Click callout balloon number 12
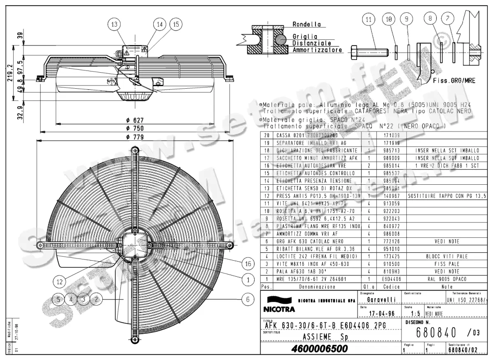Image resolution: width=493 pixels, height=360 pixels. (x=60, y=282)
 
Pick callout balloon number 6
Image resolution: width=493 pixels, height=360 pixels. (x=247, y=300)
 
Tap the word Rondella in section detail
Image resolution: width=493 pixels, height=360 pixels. (x=306, y=25)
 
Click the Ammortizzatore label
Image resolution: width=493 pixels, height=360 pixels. (x=317, y=50)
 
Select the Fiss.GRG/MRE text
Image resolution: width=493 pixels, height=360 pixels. (x=454, y=81)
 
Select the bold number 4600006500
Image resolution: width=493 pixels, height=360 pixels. (x=318, y=349)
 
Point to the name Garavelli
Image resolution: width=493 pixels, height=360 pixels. (x=382, y=300)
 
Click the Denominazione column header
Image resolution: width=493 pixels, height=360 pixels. (x=317, y=287)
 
